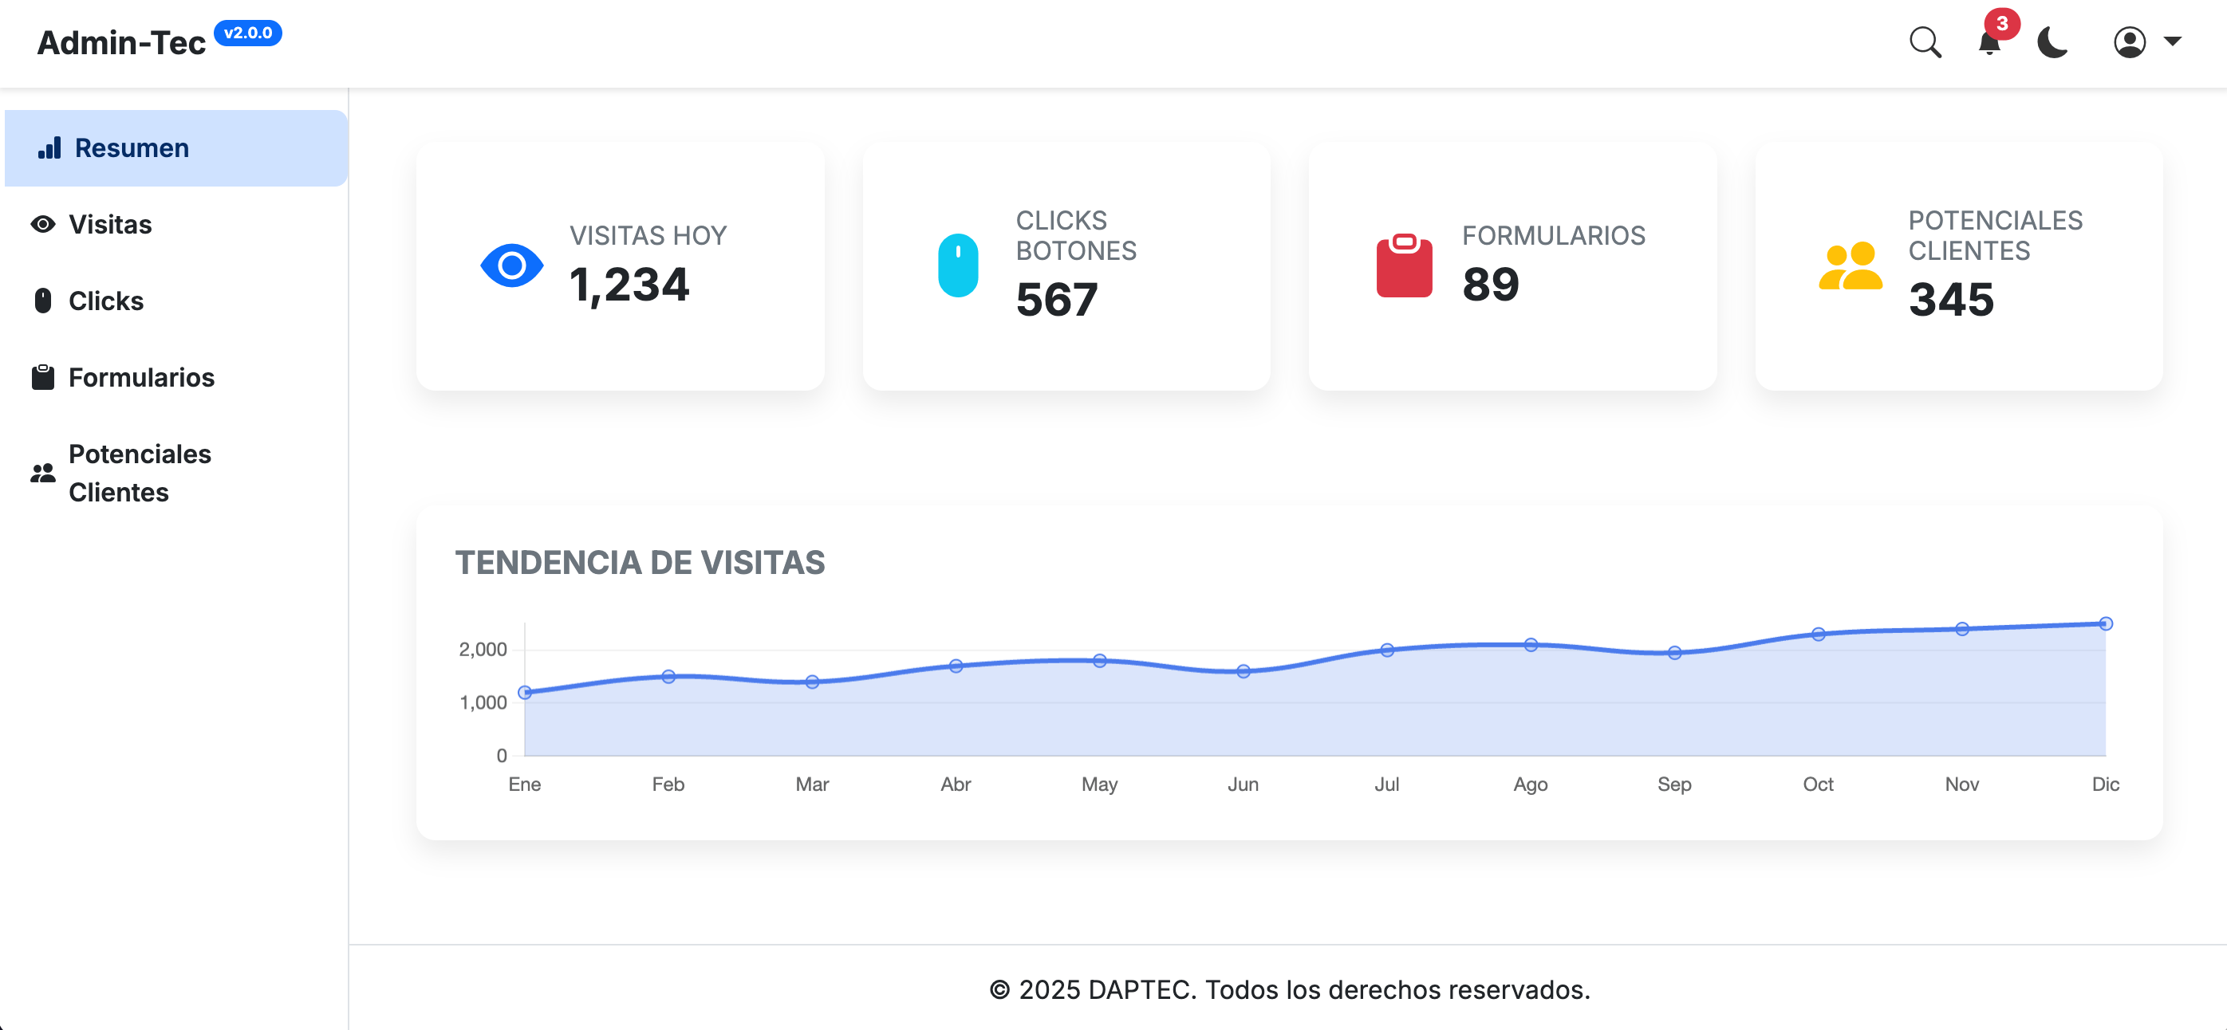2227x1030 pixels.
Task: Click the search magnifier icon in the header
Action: coord(1925,41)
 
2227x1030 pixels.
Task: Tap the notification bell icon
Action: coord(1989,42)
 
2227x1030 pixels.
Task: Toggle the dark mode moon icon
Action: coord(2052,41)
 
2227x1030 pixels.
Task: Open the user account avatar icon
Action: coord(2130,41)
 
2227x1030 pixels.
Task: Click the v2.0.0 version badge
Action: coord(247,33)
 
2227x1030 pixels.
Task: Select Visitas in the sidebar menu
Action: coord(110,225)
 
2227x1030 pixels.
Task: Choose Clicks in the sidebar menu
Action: coord(105,301)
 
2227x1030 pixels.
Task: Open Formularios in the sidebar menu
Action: coord(141,378)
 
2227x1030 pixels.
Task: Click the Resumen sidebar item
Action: coord(132,147)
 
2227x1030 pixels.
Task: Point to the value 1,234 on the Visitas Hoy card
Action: coord(629,285)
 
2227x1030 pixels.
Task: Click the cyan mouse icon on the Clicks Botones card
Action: coord(958,265)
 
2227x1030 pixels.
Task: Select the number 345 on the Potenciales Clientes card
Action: coord(1951,299)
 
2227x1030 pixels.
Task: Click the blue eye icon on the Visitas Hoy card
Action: coord(512,265)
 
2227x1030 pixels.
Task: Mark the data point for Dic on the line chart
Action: coord(2106,624)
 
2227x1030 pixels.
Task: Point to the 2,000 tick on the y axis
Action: coord(483,650)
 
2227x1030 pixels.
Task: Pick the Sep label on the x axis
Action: coord(1673,784)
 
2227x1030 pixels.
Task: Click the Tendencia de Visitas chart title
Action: coord(640,563)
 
